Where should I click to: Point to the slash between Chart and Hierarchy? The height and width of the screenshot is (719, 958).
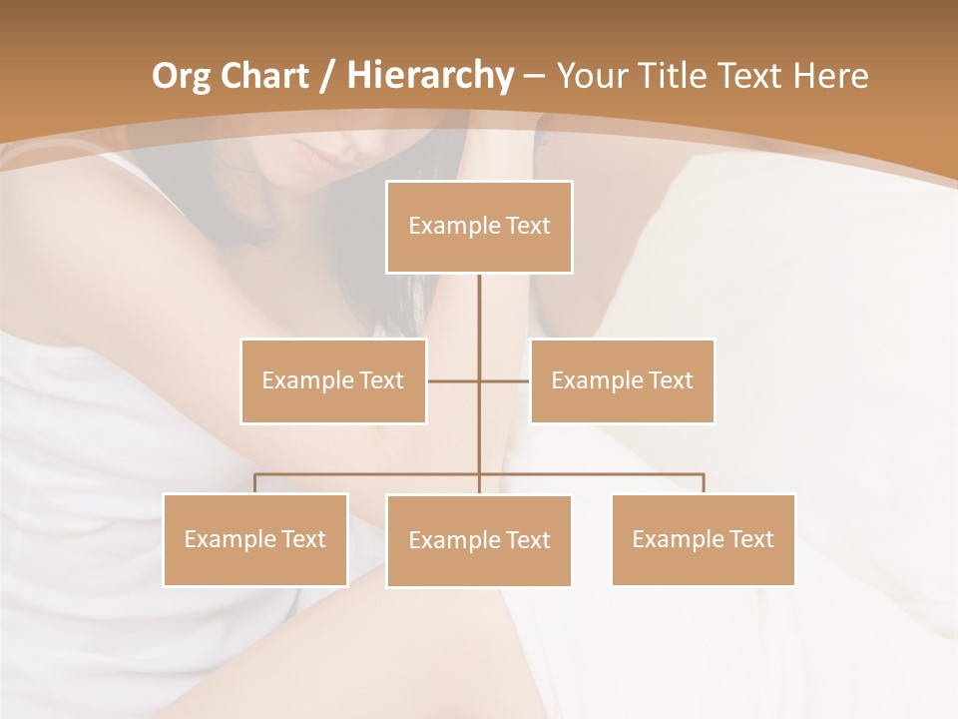[x=326, y=76]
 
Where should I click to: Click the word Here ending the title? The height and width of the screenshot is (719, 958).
[x=830, y=76]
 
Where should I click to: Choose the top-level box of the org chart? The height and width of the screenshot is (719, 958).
[x=479, y=227]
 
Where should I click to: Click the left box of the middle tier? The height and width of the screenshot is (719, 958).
[x=333, y=380]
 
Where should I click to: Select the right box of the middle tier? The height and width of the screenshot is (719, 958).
[x=622, y=380]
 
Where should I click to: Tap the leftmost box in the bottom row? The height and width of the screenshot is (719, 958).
[x=255, y=539]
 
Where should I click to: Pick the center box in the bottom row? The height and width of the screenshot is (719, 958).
[x=479, y=540]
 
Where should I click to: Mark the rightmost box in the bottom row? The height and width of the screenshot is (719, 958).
[x=703, y=539]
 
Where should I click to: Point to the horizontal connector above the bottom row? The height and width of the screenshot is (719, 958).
[x=369, y=474]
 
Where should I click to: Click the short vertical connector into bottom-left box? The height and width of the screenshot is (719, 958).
[x=255, y=483]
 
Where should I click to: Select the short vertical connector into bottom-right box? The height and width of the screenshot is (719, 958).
[x=704, y=483]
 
